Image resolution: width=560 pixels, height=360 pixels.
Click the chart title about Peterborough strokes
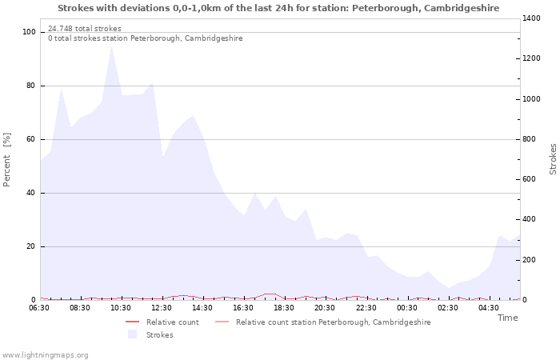tap(278, 8)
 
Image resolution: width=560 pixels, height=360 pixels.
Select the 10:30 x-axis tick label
tap(121, 307)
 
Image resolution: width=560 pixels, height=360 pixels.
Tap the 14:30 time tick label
tap(202, 307)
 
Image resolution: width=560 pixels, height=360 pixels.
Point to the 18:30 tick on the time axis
tap(284, 307)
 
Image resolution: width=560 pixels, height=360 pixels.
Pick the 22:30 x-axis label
tap(366, 307)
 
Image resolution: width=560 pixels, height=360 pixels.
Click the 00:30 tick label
tap(407, 307)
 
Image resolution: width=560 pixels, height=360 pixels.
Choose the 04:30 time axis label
tap(489, 307)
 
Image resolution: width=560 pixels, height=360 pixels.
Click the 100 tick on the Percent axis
tap(30, 32)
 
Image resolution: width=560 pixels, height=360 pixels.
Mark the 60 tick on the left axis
tap(31, 139)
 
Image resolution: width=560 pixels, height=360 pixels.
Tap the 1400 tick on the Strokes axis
tap(534, 18)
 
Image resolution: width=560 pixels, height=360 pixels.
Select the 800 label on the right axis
tap(531, 139)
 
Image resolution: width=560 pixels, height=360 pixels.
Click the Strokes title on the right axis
tap(553, 159)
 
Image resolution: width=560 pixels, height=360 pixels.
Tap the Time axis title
tap(507, 318)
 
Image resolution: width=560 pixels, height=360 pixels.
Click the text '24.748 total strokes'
tap(85, 29)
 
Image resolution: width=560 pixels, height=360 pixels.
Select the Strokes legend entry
tap(159, 334)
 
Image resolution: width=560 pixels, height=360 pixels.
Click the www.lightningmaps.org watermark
tap(45, 354)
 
